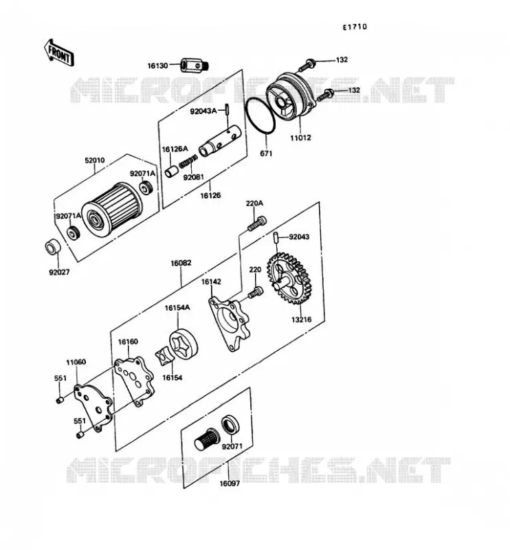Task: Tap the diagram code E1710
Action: (355, 27)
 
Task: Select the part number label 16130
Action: (157, 65)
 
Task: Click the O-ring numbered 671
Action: (260, 115)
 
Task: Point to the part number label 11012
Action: (300, 138)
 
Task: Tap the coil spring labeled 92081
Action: (188, 162)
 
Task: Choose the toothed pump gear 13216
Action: (289, 278)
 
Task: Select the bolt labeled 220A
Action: (257, 223)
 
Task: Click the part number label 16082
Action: (181, 263)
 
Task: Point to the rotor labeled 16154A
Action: (184, 344)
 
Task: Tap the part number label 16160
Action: (128, 341)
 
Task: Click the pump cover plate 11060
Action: (93, 408)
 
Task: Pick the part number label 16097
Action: (230, 483)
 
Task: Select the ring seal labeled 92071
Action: (231, 424)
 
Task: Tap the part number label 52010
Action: (95, 160)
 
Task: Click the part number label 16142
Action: (211, 281)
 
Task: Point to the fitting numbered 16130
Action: (195, 65)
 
